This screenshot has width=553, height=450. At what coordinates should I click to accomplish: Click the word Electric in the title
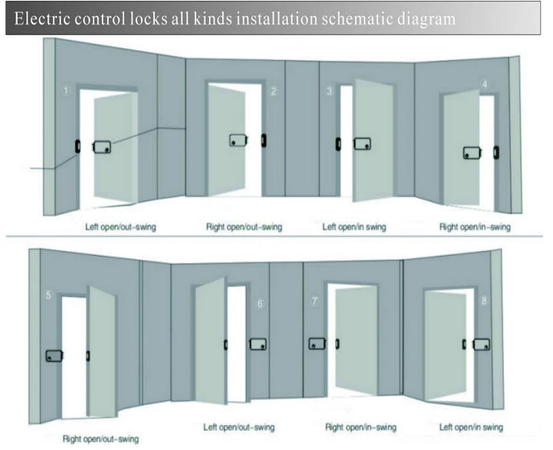pos(47,18)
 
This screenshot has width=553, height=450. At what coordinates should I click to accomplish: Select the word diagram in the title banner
pos(422,18)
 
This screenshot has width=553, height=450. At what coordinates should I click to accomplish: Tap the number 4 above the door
pos(484,83)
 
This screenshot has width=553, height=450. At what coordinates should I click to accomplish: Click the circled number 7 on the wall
pos(314,301)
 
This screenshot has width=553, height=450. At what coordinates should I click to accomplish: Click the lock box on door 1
pos(102,146)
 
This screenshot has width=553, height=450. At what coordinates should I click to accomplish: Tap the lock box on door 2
pos(239,140)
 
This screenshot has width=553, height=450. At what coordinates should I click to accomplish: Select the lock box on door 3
pos(363,144)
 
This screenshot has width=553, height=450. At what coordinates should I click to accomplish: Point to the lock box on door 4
pos(472,153)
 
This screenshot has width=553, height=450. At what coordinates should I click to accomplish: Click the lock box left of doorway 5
pos(53,355)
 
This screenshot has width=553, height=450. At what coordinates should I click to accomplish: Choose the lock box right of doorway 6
pos(260,344)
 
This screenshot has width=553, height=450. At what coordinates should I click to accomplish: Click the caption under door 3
pos(354,227)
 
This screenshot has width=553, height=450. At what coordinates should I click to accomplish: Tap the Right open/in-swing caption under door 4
pos(474,227)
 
